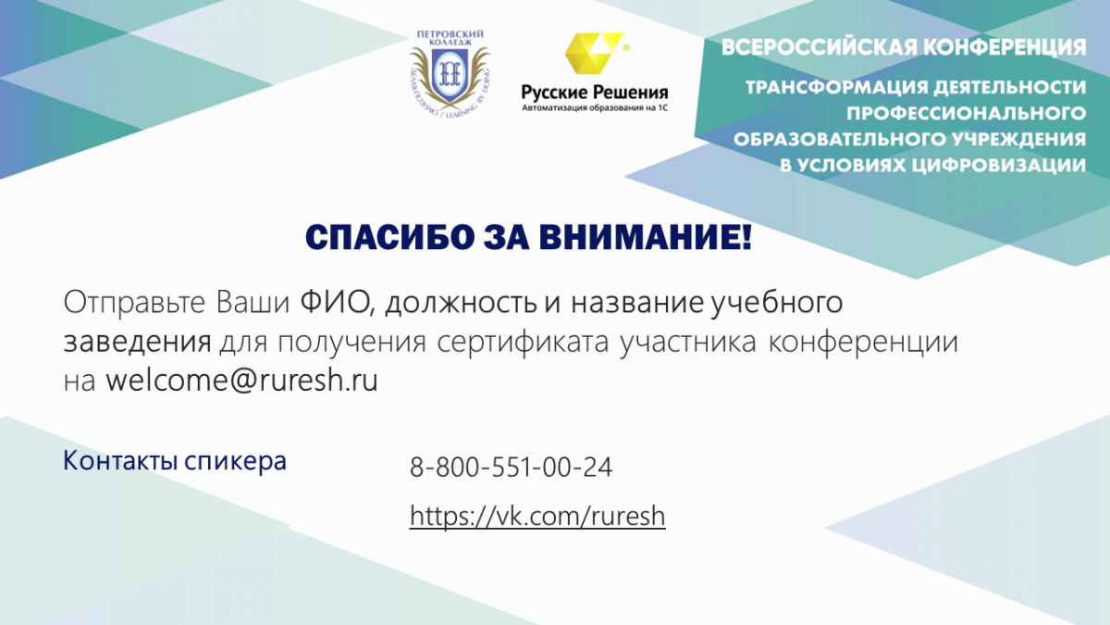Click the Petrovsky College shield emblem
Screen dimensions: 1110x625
(x=450, y=75)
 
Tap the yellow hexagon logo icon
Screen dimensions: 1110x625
(x=593, y=53)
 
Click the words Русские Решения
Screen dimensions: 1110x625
(x=595, y=93)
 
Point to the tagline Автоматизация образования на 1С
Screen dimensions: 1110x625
(x=595, y=108)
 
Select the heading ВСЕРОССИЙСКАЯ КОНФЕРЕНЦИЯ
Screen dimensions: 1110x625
(x=904, y=47)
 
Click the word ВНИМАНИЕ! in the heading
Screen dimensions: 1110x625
(x=646, y=237)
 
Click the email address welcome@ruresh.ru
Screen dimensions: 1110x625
(x=241, y=381)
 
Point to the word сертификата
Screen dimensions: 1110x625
(x=523, y=343)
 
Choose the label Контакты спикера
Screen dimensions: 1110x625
(x=175, y=461)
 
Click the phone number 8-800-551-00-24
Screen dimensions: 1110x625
(x=511, y=467)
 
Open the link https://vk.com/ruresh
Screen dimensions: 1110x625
(x=537, y=517)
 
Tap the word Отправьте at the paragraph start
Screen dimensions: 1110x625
(x=134, y=302)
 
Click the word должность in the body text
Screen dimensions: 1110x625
(x=461, y=303)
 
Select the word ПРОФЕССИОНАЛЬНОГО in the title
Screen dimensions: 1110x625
(x=967, y=114)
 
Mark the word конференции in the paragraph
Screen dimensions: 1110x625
(x=863, y=343)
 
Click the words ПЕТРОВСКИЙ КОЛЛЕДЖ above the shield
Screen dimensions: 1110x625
(x=450, y=38)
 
